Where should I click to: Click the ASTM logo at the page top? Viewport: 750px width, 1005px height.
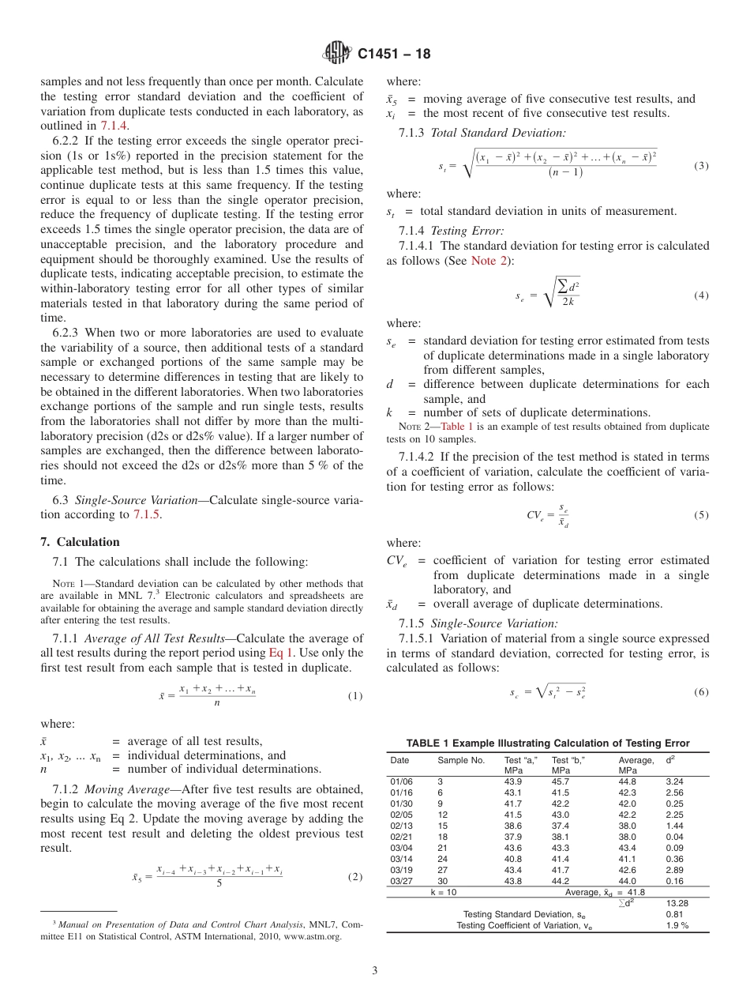(x=337, y=55)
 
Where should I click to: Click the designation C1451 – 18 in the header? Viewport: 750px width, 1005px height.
(x=394, y=55)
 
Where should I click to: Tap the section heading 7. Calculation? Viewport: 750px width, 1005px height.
(x=80, y=542)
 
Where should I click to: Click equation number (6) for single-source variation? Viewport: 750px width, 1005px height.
(x=701, y=692)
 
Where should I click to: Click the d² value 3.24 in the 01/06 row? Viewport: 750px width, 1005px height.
(x=674, y=781)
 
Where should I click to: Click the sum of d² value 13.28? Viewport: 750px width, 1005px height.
(x=677, y=902)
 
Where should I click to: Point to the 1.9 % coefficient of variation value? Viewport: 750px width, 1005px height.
(x=677, y=925)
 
